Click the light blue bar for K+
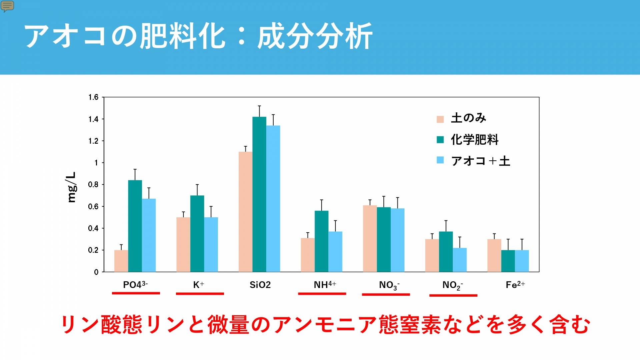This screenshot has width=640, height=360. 211,245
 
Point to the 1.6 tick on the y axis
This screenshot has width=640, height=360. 93,97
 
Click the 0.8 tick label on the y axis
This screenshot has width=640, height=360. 93,185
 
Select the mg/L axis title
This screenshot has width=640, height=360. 72,187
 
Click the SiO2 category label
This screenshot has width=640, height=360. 260,285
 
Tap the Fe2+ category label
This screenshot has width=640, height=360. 515,285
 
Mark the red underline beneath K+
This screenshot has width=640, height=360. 200,294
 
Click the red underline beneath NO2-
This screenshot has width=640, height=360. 453,295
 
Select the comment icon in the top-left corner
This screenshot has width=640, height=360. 7,6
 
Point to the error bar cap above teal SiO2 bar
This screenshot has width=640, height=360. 259,106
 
